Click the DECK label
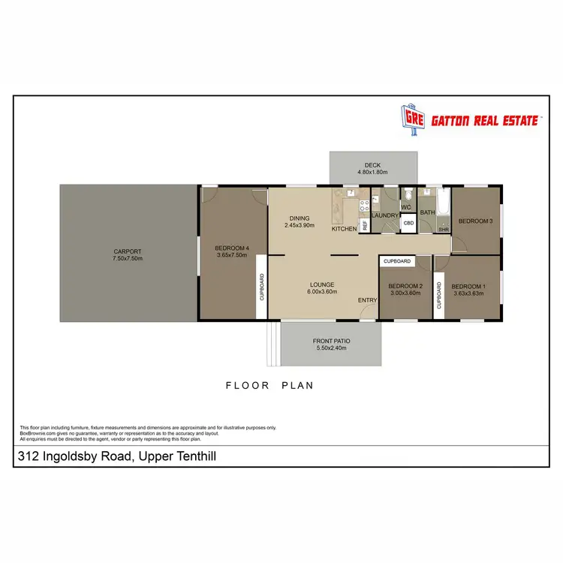coord(373,165)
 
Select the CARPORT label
coord(128,251)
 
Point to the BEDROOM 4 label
coord(231,248)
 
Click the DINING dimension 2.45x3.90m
coord(299,225)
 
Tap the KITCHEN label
coord(345,228)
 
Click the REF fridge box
coord(364,224)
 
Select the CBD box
coord(409,223)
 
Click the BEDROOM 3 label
coord(475,221)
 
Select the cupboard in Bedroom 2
coord(397,261)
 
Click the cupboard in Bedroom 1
coord(439,285)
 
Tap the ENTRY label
coord(368,300)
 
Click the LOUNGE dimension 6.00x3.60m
coord(321,292)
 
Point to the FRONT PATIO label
coord(331,341)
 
